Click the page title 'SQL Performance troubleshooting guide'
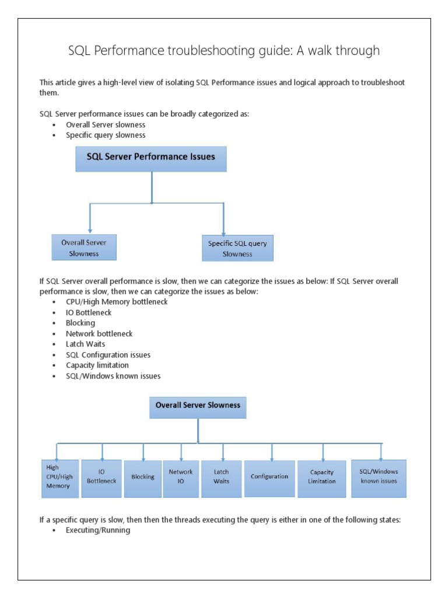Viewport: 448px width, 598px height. pyautogui.click(x=224, y=51)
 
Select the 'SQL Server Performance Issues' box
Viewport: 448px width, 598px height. pyautogui.click(x=151, y=158)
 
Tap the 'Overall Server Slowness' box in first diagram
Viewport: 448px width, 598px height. pyautogui.click(x=84, y=247)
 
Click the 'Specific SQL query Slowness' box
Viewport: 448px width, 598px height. pyautogui.click(x=237, y=248)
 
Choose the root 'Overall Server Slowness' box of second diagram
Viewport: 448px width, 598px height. pyautogui.click(x=198, y=406)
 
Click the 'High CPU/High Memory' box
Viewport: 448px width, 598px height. pyautogui.click(x=60, y=477)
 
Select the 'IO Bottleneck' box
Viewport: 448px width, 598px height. pyautogui.click(x=101, y=477)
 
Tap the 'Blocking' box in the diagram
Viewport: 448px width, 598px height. pyautogui.click(x=143, y=477)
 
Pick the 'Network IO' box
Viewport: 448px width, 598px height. pyautogui.click(x=181, y=477)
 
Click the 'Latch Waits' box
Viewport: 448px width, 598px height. pyautogui.click(x=221, y=477)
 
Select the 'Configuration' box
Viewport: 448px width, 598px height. pyautogui.click(x=269, y=477)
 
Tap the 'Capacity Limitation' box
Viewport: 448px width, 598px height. pyautogui.click(x=322, y=477)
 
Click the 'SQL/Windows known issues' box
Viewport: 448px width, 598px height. pyautogui.click(x=379, y=477)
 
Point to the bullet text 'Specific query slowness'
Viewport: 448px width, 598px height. pyautogui.click(x=106, y=135)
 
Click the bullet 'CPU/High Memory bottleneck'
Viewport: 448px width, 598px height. pyautogui.click(x=117, y=302)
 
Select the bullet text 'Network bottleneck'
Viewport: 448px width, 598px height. pyautogui.click(x=99, y=333)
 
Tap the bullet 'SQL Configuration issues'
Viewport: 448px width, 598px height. pyautogui.click(x=108, y=354)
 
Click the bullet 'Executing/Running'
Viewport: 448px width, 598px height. pyautogui.click(x=98, y=530)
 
